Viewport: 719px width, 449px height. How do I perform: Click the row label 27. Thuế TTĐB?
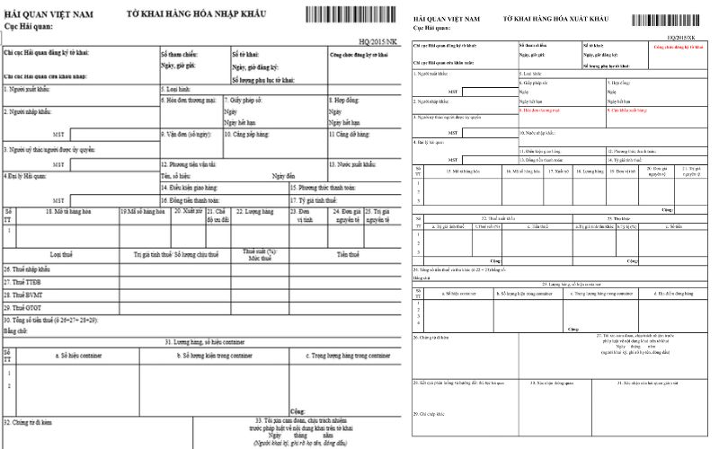click(23, 282)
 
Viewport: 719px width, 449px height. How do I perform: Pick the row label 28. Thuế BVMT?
click(24, 295)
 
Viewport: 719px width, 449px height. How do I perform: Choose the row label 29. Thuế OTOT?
click(24, 307)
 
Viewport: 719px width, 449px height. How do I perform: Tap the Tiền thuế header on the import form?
click(349, 254)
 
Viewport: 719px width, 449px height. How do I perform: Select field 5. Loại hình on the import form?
click(177, 89)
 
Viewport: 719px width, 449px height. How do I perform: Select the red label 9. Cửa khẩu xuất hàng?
click(629, 110)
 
